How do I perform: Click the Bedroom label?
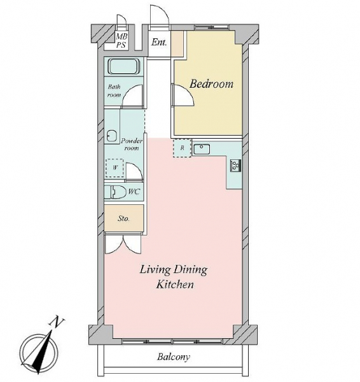click(211, 84)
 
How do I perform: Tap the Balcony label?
click(173, 357)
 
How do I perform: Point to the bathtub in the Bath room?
click(123, 66)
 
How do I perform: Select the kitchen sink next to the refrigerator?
click(201, 149)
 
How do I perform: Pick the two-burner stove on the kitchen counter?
click(235, 166)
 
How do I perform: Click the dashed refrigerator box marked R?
click(182, 148)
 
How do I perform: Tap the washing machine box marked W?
click(114, 168)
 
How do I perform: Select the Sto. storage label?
click(123, 218)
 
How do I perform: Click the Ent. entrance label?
click(159, 43)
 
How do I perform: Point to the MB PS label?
click(121, 41)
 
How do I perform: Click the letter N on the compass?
click(57, 322)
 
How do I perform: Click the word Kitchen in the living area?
click(175, 285)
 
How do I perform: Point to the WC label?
click(134, 192)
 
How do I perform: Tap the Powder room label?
click(132, 145)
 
